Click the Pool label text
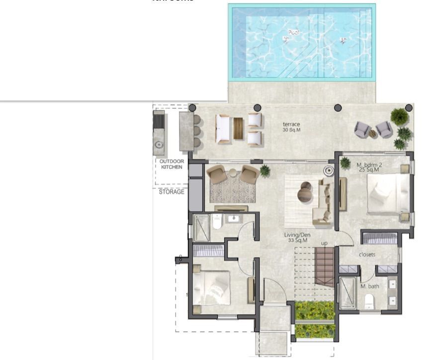click(293, 32)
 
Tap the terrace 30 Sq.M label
click(291, 127)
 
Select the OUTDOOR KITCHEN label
click(172, 164)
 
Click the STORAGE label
click(172, 191)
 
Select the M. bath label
click(369, 286)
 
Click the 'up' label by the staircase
click(324, 244)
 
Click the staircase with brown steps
click(326, 267)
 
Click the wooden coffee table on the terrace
click(239, 128)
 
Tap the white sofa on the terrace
click(223, 128)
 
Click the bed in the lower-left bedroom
click(211, 287)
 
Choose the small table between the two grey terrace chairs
click(372, 133)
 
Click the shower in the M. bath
click(347, 293)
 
